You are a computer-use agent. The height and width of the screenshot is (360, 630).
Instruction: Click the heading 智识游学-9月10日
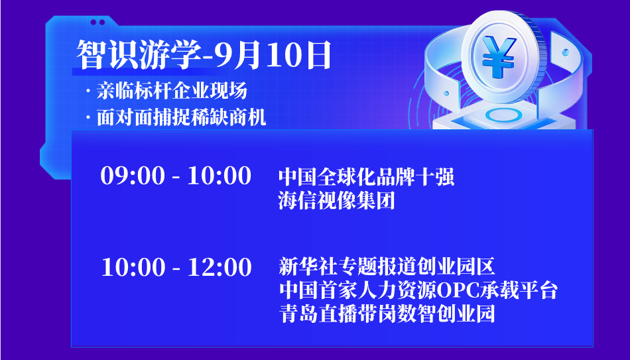coord(204,55)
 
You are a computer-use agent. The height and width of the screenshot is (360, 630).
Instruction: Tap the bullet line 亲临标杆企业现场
coord(172,91)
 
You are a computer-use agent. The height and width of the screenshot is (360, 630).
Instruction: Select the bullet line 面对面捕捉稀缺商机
coord(181,118)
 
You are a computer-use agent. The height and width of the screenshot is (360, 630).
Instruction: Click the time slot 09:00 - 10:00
coord(176,176)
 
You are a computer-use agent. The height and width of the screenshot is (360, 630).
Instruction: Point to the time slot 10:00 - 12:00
coord(176,267)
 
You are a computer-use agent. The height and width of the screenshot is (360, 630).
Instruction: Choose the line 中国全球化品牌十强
coord(367,177)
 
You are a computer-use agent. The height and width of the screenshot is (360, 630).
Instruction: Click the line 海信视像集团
coord(337,200)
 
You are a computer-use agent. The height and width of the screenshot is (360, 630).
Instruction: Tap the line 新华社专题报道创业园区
coord(387,267)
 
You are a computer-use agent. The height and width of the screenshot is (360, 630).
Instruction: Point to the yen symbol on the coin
coord(498,56)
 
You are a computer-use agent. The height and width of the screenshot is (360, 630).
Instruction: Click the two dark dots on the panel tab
coord(97,22)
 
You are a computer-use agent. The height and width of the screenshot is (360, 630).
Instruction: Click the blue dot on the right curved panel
coord(565,52)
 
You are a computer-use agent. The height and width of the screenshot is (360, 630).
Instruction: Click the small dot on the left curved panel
coord(446,93)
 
